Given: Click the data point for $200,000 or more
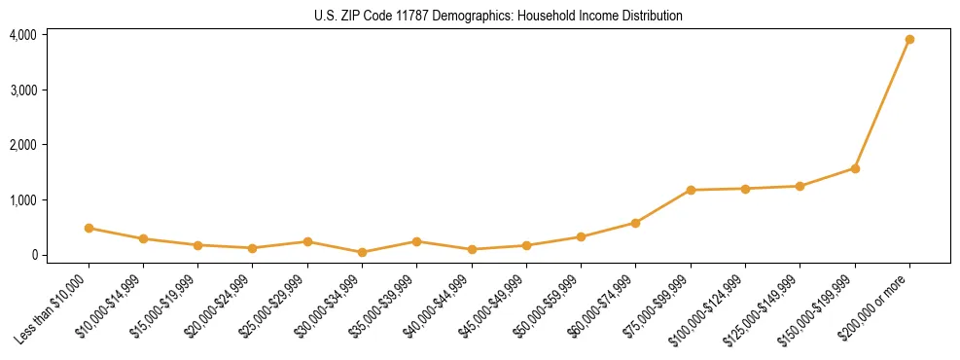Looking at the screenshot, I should [909, 40].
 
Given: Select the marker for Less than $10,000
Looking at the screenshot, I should [89, 228].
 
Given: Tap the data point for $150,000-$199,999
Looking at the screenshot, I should [855, 168].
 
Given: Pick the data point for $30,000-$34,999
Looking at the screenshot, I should [362, 252].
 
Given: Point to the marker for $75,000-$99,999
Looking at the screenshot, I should [691, 190].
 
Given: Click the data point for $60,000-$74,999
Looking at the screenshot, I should [636, 223].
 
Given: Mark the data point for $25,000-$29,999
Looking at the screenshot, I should [307, 241].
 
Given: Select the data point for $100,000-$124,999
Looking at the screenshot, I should [745, 189].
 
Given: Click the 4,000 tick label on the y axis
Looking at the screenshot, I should [23, 35].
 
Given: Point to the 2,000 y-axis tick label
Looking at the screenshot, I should [23, 145].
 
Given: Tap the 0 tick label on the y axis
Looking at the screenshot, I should [33, 255].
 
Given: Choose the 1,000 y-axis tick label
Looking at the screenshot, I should [23, 200].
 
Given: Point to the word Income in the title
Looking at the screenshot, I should [588, 16].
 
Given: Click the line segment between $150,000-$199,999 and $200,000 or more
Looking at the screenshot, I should [882, 104].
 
